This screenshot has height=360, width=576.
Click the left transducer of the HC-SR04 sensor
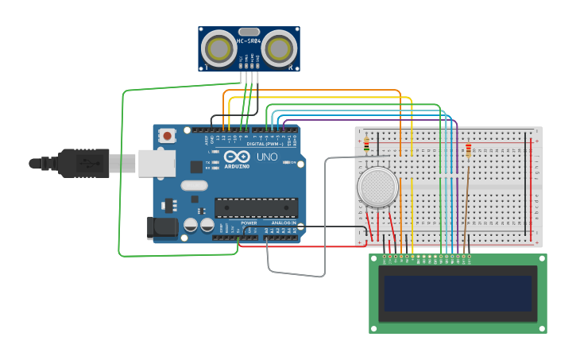pyautogui.click(x=217, y=48)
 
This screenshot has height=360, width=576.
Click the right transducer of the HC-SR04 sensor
pyautogui.click(x=280, y=48)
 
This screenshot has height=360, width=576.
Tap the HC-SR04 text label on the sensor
pyautogui.click(x=249, y=40)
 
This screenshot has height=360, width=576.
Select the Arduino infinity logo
pyautogui.click(x=236, y=157)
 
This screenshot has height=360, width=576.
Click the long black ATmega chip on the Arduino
pyautogui.click(x=256, y=208)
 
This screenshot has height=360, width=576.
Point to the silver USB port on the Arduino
pyautogui.click(x=157, y=163)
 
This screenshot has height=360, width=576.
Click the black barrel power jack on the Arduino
pyautogui.click(x=163, y=228)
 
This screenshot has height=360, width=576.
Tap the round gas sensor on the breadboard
pyautogui.click(x=377, y=187)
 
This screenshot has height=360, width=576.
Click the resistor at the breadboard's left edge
pyautogui.click(x=366, y=145)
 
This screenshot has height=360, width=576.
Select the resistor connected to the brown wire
pyautogui.click(x=468, y=149)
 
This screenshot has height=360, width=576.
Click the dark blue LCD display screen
pyautogui.click(x=458, y=293)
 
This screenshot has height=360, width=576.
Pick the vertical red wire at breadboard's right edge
pyautogui.click(x=532, y=191)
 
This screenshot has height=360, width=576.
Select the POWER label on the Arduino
pyautogui.click(x=249, y=223)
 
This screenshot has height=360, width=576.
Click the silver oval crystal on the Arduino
pyautogui.click(x=194, y=186)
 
